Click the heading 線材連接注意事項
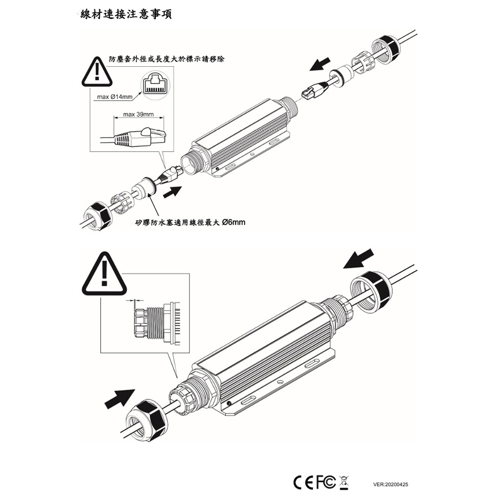[126, 15]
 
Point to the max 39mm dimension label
[138, 115]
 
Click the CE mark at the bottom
[303, 482]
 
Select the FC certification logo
[326, 482]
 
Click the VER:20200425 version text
[391, 485]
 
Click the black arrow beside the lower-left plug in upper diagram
[172, 192]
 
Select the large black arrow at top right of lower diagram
[359, 259]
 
